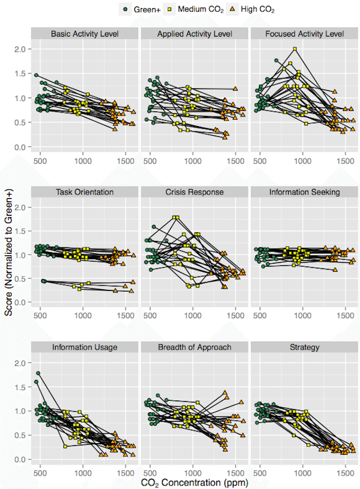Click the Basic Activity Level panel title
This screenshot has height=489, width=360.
pyautogui.click(x=85, y=34)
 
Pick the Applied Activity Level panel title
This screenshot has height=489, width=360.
pyautogui.click(x=195, y=34)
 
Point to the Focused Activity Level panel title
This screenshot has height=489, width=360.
pyautogui.click(x=304, y=34)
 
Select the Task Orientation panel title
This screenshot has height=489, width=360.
pyautogui.click(x=85, y=192)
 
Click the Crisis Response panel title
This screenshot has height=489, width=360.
pyautogui.click(x=195, y=192)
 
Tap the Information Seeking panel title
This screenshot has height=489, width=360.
pyautogui.click(x=304, y=192)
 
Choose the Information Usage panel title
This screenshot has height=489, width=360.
pyautogui.click(x=85, y=347)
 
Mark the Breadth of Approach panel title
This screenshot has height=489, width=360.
pyautogui.click(x=195, y=347)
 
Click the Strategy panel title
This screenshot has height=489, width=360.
pyautogui.click(x=304, y=347)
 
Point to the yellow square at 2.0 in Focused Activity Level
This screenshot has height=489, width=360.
pyautogui.click(x=295, y=49)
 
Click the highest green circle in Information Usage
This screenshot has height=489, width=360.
pyautogui.click(x=38, y=373)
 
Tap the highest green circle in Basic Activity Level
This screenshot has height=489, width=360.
pyautogui.click(x=36, y=75)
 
